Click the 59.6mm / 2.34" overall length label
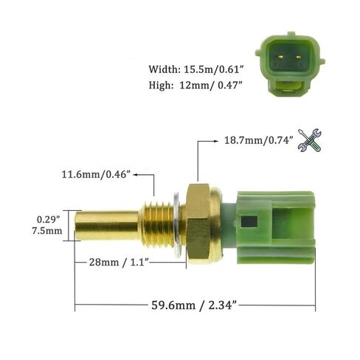pos(194,305)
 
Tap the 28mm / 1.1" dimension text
pos(120,262)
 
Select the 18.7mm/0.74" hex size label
pos(259,140)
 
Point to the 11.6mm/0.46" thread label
pos(96,175)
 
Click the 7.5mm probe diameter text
pos(47,231)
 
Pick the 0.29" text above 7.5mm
pos(49,219)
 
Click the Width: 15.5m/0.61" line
pos(196,69)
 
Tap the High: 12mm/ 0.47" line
pos(195,86)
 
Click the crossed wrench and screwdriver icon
pos(309,140)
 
